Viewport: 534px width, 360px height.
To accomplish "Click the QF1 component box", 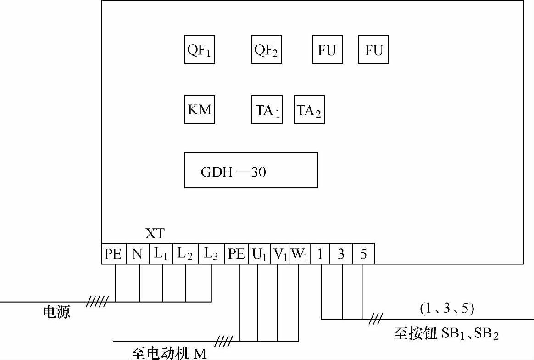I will [200, 50].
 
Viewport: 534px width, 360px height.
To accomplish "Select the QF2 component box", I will [267, 50].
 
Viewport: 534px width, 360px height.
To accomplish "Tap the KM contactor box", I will [200, 110].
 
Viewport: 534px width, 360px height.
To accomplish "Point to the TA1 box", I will [267, 110].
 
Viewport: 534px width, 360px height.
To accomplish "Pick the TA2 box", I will [309, 110].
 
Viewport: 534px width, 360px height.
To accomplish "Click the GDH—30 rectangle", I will [251, 170].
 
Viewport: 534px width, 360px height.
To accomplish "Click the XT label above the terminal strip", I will [155, 234].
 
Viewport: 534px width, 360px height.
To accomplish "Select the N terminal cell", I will [138, 254].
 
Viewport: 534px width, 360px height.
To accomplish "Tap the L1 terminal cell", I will [161, 254].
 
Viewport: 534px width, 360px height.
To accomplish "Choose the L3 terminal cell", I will [211, 254].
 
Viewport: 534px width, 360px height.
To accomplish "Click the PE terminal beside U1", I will [236, 254].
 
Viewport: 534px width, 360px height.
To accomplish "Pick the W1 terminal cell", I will [300, 254].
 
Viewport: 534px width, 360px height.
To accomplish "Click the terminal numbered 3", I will [341, 254].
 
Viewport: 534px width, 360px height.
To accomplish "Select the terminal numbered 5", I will [363, 254].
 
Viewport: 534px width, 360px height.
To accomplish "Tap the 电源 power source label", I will [56, 313].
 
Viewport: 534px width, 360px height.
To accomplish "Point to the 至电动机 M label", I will [169, 353].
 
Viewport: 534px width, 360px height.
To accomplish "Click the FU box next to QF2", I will [327, 50].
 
